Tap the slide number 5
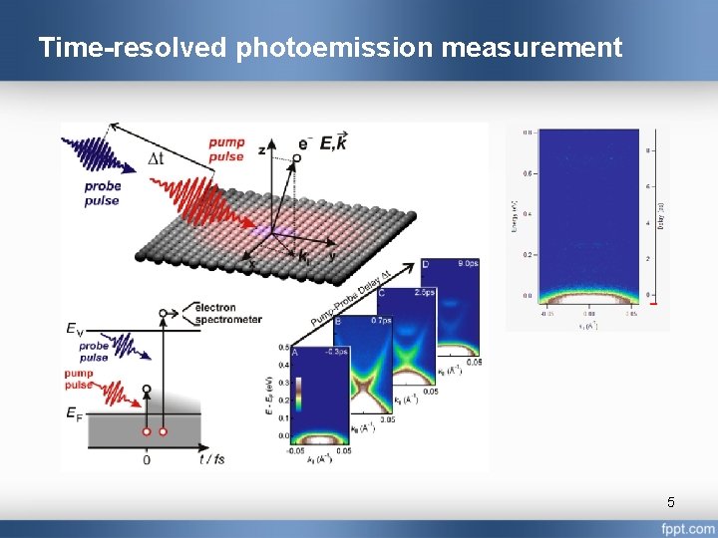(671, 501)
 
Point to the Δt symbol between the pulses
(157, 158)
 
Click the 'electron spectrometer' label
(229, 313)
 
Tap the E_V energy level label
(74, 329)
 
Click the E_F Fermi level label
(74, 412)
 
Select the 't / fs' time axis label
(212, 459)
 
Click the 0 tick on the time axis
(147, 459)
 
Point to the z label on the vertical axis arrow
(261, 148)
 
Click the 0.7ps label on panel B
(380, 322)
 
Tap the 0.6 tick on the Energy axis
(526, 172)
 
